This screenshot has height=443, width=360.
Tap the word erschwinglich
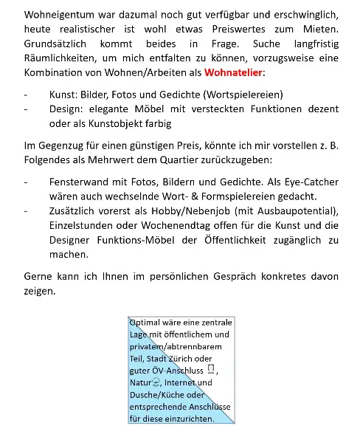click(302, 15)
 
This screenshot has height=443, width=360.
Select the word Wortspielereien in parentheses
click(242, 95)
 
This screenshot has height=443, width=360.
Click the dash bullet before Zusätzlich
click(27, 210)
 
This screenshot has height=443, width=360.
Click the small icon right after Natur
click(155, 382)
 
